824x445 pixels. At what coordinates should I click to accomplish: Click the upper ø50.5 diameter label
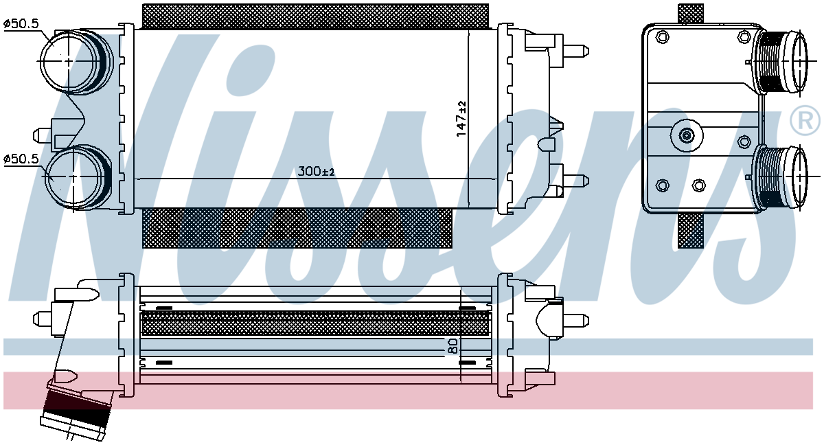tap(21, 24)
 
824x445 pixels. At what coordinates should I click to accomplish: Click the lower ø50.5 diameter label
tap(21, 159)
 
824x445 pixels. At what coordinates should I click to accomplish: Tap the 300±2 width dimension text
tap(316, 172)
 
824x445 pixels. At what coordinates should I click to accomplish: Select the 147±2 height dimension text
tap(461, 119)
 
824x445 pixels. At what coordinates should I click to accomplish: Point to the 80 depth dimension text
tap(453, 346)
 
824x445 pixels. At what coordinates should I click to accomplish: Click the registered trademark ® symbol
tap(805, 120)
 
